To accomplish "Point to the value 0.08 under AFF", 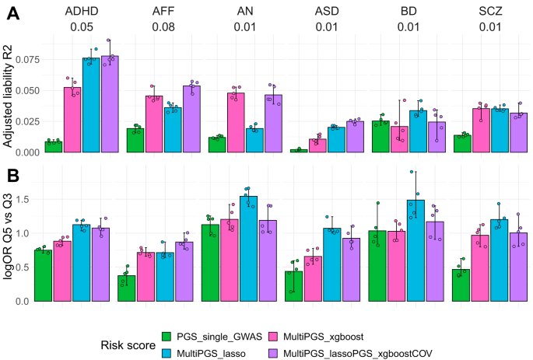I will coord(163,29).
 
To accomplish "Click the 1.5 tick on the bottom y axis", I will coord(32,199).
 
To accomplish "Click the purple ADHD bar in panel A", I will coord(110,103).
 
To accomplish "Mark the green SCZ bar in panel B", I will coord(461,285).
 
